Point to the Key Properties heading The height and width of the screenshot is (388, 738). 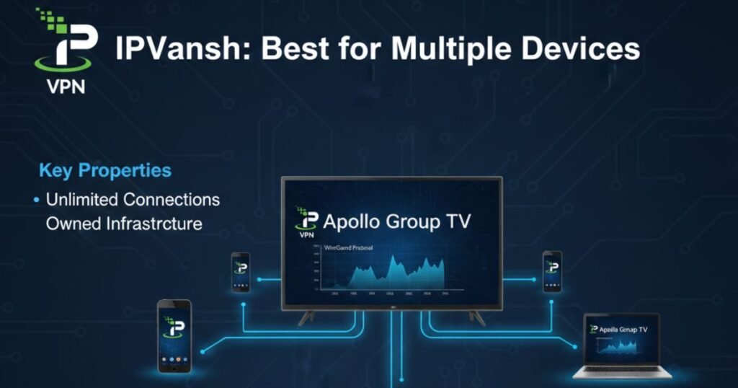pyautogui.click(x=105, y=171)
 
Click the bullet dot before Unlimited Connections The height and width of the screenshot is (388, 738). pyautogui.click(x=37, y=199)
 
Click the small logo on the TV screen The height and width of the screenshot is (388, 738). pyautogui.click(x=308, y=220)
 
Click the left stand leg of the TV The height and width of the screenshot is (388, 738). pyautogui.click(x=306, y=317)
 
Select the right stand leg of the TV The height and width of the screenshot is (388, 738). pyautogui.click(x=477, y=317)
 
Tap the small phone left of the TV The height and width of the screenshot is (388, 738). pyautogui.click(x=241, y=272)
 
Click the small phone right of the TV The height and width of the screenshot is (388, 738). pyautogui.click(x=552, y=271)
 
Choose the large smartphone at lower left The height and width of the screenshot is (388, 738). pyautogui.click(x=174, y=335)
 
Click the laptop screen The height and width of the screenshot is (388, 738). pyautogui.click(x=622, y=340)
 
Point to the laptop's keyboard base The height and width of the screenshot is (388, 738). pyautogui.click(x=622, y=372)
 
